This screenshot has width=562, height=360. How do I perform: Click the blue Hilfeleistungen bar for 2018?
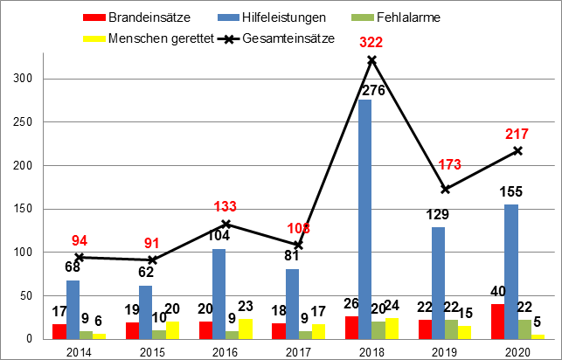tap(364, 218)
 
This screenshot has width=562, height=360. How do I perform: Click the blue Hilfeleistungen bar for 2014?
tap(73, 309)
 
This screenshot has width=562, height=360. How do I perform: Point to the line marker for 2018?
tap(371, 59)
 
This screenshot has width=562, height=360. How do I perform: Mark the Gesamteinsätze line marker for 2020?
tap(518, 150)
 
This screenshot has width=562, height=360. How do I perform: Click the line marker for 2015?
tap(154, 260)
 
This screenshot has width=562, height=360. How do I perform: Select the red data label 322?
tap(371, 42)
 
